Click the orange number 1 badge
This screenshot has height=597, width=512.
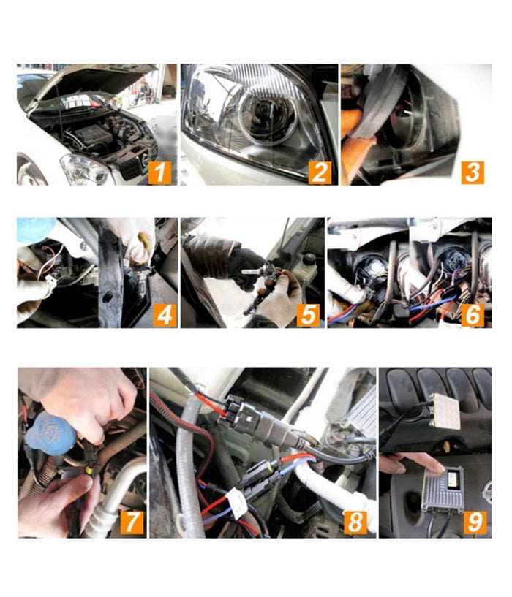pos(159,172)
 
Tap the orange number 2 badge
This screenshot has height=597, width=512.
pos(319,172)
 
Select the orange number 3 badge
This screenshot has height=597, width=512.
pos(473,172)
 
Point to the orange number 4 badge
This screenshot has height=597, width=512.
pos(164,314)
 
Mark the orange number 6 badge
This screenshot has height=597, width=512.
pos(473,314)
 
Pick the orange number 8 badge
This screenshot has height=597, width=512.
pos(355,522)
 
